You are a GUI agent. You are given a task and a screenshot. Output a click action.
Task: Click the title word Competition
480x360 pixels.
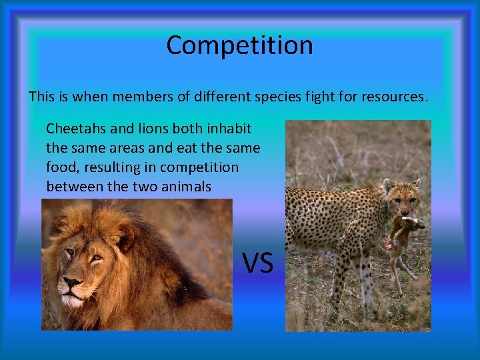(239, 45)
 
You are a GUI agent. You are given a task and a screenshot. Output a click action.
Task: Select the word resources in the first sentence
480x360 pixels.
(393, 97)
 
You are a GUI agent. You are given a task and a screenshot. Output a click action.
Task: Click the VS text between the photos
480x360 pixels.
(257, 263)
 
